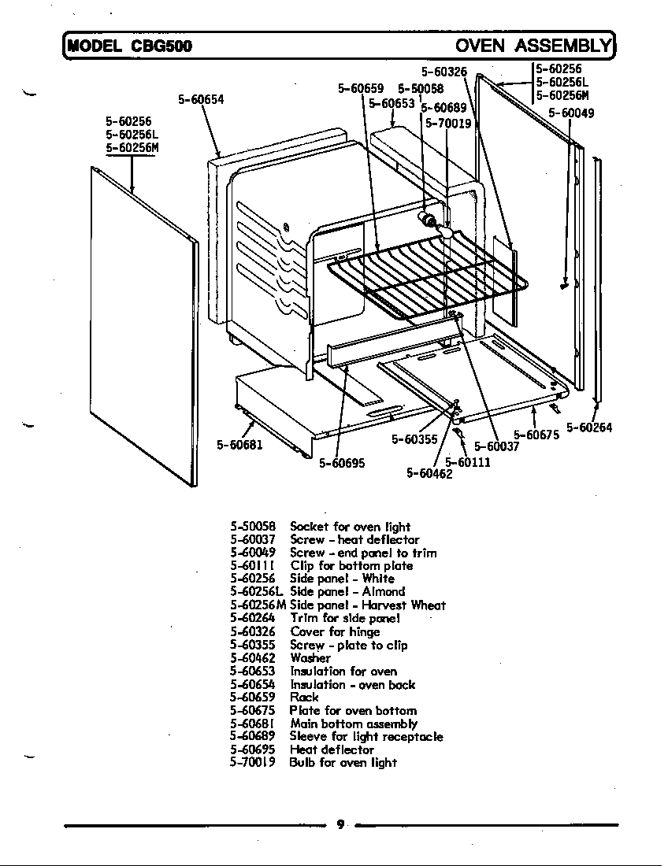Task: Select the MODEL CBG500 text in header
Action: [130, 46]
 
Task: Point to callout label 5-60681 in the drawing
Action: [239, 445]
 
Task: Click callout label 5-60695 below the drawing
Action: [342, 464]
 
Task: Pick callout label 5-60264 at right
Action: [589, 428]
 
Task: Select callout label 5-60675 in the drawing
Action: [536, 434]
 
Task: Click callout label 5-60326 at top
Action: [444, 72]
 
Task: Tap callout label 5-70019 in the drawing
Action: [448, 124]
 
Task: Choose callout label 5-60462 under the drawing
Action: [429, 473]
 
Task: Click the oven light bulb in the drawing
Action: [447, 233]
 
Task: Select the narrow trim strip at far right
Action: [599, 283]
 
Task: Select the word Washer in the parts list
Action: [310, 658]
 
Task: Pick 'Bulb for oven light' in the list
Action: [343, 763]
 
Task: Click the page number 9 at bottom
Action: [340, 824]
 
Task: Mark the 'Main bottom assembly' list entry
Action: [353, 724]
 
